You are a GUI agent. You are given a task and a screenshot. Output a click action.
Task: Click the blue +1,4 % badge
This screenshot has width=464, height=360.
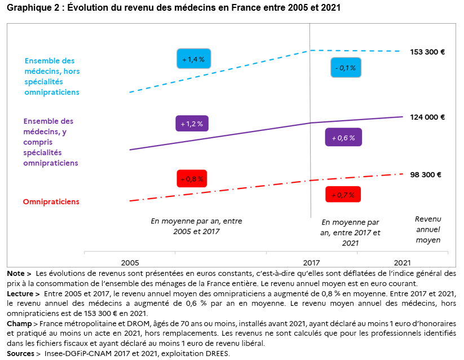click(193, 59)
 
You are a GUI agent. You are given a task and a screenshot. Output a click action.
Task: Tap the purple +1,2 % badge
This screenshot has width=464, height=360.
click(192, 123)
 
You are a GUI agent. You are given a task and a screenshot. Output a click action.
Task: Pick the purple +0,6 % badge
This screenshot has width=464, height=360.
click(343, 137)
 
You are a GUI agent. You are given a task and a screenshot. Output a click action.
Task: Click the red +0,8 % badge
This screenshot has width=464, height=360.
click(192, 178)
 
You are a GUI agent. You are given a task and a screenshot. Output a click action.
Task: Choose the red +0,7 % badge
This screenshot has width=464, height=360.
click(343, 195)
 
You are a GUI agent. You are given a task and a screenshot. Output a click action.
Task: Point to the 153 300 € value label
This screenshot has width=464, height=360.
click(427, 52)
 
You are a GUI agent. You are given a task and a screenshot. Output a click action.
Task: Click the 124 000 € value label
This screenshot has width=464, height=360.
click(427, 117)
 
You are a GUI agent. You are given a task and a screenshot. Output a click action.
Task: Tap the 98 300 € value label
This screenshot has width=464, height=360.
click(426, 175)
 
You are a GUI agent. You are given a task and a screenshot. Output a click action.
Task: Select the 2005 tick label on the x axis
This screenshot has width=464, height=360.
click(130, 263)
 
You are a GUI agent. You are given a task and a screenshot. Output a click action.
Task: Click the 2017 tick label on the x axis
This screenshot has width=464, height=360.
click(311, 263)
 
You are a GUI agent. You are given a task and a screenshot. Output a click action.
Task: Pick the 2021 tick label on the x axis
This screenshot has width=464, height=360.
click(401, 263)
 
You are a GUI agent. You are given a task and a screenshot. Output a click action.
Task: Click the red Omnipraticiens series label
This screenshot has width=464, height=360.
click(51, 201)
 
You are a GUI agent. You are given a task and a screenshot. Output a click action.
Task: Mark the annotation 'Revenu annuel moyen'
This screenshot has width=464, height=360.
click(427, 229)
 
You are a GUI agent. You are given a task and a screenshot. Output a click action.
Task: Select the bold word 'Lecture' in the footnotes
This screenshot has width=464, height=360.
click(23, 294)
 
